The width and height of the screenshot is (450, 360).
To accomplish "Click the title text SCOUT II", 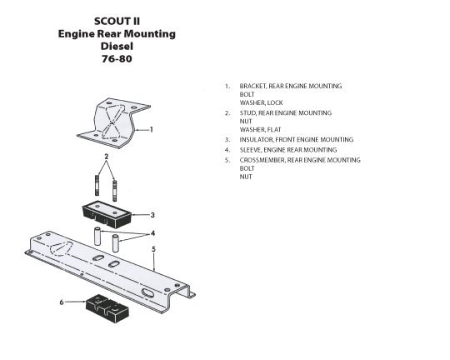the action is (117, 21).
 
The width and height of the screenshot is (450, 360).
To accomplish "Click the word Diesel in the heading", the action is (117, 46).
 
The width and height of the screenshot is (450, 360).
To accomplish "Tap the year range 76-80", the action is (117, 59).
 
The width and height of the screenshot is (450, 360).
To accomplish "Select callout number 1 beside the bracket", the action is (151, 129).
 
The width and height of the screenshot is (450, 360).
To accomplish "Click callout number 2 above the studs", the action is (107, 157).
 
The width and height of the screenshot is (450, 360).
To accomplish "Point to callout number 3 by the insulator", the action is (152, 215).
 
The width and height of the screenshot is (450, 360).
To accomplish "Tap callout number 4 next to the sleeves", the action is (152, 233).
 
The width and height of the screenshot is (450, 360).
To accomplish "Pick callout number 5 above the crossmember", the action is (153, 249).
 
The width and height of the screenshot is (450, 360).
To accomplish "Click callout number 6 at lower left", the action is (62, 302).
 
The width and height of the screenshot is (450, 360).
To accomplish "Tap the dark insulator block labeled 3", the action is (107, 215).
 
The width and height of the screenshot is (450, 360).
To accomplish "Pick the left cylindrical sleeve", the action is (97, 237).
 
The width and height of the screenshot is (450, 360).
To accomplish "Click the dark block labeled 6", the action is (107, 308).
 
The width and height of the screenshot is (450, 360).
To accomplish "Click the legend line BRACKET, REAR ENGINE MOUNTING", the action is (291, 86).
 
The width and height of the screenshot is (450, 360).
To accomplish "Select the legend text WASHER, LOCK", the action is (261, 102).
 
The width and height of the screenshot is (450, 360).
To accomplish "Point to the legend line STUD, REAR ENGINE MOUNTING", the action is (286, 113).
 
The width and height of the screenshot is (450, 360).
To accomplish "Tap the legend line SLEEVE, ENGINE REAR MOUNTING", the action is (288, 150).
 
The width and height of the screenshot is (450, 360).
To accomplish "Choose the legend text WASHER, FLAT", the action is (260, 130).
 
